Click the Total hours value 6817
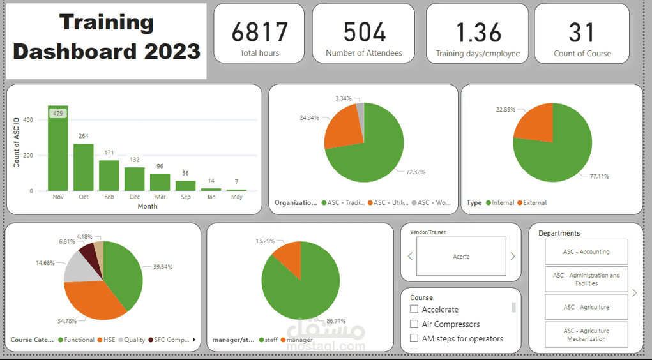(259, 32)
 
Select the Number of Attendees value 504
(364, 32)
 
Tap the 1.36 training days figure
(477, 33)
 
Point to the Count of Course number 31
(582, 32)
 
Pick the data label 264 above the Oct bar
(83, 136)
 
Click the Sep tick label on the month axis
(185, 197)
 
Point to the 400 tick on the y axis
(27, 120)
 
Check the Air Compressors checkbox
(414, 324)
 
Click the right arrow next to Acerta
(512, 257)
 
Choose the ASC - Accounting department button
(586, 252)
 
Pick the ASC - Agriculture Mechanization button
(586, 335)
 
